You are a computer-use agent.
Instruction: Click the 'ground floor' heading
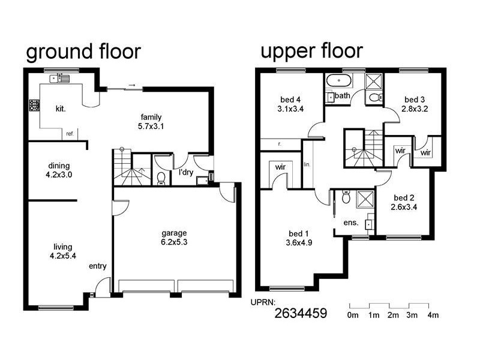[83, 52]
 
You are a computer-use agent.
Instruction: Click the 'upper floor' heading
[311, 51]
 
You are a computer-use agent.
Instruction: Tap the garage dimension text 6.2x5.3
[174, 242]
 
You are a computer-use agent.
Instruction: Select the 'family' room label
[151, 117]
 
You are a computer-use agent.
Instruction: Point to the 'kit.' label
[60, 109]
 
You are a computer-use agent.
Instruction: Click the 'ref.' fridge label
[70, 134]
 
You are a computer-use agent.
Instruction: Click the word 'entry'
[98, 266]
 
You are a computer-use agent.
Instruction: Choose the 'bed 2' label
[404, 198]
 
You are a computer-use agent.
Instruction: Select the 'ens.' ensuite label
[351, 223]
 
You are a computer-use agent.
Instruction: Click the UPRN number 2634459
[301, 313]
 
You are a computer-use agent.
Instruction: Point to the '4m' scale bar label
[433, 314]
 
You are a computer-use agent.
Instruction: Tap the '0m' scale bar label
[353, 314]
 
